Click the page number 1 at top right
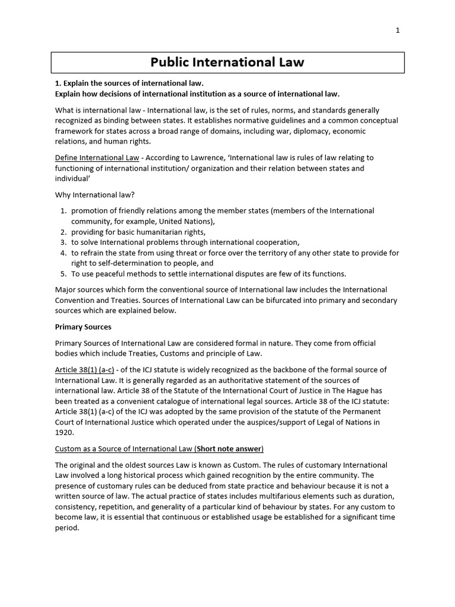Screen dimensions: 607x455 [398, 31]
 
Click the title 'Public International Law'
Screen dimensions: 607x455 [227, 62]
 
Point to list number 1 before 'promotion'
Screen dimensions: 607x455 [63, 210]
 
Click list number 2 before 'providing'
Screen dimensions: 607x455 [63, 232]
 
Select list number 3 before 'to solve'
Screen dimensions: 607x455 [63, 242]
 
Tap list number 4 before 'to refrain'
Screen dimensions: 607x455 [63, 253]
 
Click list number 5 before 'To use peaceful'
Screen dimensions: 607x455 [63, 274]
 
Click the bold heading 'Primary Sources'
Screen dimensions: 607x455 [83, 327]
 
